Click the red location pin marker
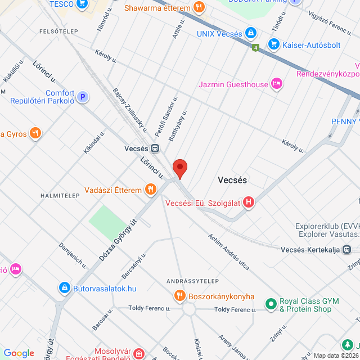tap(179, 168)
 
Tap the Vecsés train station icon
tap(155, 148)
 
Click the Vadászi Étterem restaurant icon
tap(150, 190)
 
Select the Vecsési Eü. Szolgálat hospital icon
tap(248, 202)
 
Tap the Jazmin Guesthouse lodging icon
tap(276, 84)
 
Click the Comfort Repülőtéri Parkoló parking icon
tap(83, 97)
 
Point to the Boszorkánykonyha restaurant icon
tap(179, 296)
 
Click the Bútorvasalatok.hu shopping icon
tap(65, 288)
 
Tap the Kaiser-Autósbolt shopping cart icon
tap(274, 43)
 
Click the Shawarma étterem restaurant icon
tap(198, 7)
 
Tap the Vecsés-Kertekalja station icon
tap(347, 249)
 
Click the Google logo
tap(19, 353)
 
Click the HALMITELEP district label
tap(58, 195)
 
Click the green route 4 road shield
tap(256, 48)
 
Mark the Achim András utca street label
tap(228, 252)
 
